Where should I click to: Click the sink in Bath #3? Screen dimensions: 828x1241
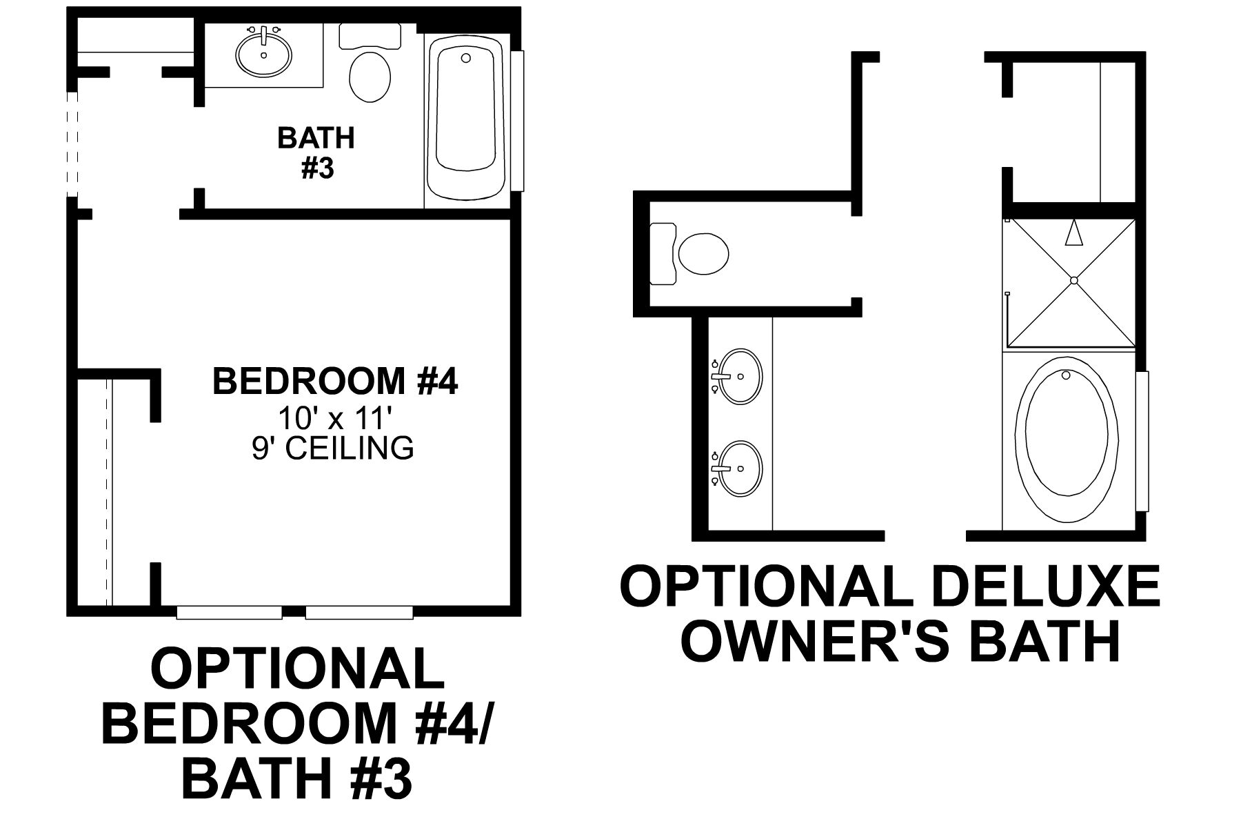pos(264,54)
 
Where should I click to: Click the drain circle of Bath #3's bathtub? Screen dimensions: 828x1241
pos(466,57)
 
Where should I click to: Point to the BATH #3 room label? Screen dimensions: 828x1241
pos(316,152)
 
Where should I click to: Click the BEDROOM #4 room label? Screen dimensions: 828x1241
pos(335,381)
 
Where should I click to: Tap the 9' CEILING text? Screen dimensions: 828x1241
pos(333,448)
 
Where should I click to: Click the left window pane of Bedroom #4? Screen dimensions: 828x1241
pos(229,613)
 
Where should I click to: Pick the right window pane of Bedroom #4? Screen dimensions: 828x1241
pos(359,613)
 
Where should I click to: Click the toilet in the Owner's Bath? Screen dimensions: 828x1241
pos(702,254)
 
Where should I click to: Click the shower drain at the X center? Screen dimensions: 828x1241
pos(1073,280)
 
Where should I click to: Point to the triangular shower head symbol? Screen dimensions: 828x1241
pos(1073,233)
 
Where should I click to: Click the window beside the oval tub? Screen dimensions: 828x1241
pos(1142,441)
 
